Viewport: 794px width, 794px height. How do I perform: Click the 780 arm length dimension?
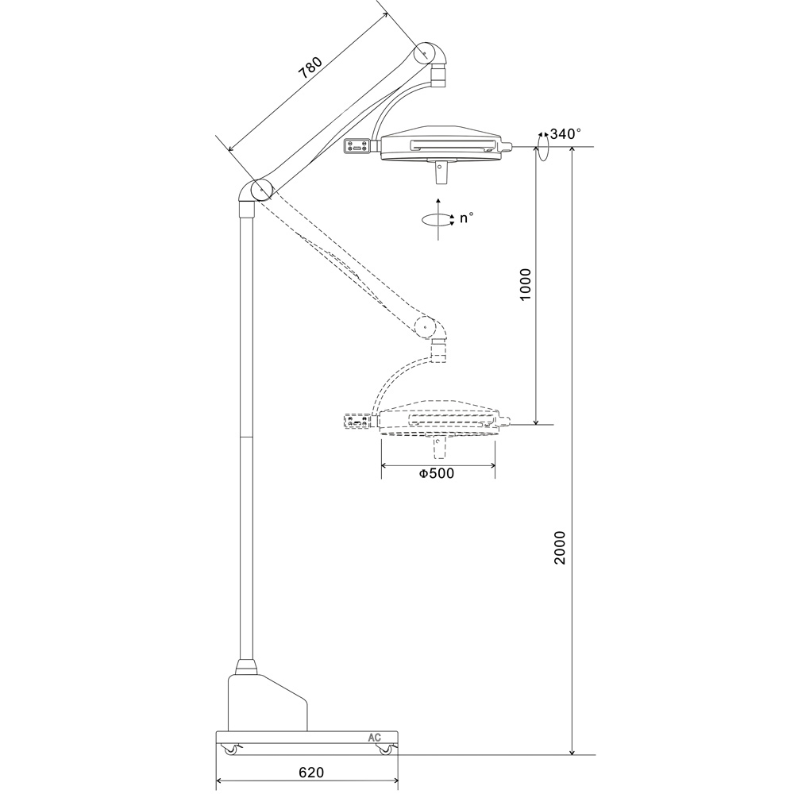tap(310, 69)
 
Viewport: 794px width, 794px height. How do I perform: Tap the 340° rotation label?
tap(565, 133)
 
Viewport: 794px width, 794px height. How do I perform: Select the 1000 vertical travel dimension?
tap(526, 284)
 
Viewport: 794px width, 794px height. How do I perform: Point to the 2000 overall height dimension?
tap(560, 548)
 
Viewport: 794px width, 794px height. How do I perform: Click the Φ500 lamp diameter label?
tap(437, 473)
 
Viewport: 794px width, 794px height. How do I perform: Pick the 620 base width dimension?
tap(311, 773)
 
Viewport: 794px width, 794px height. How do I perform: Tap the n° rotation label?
tap(466, 218)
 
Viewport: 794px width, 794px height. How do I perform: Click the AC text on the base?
tap(374, 738)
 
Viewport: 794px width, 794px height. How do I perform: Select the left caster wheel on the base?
tap(230, 750)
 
